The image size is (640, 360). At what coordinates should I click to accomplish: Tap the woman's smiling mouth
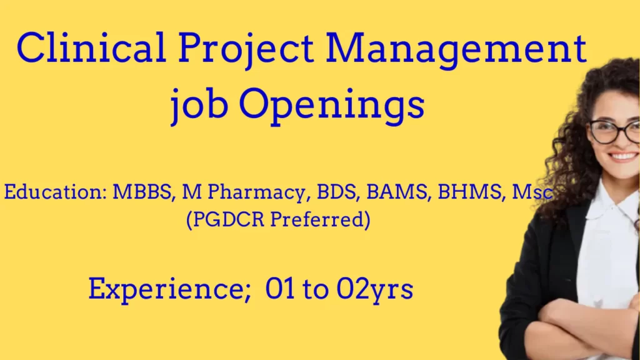(622, 156)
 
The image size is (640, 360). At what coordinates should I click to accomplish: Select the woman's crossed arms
(581, 325)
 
